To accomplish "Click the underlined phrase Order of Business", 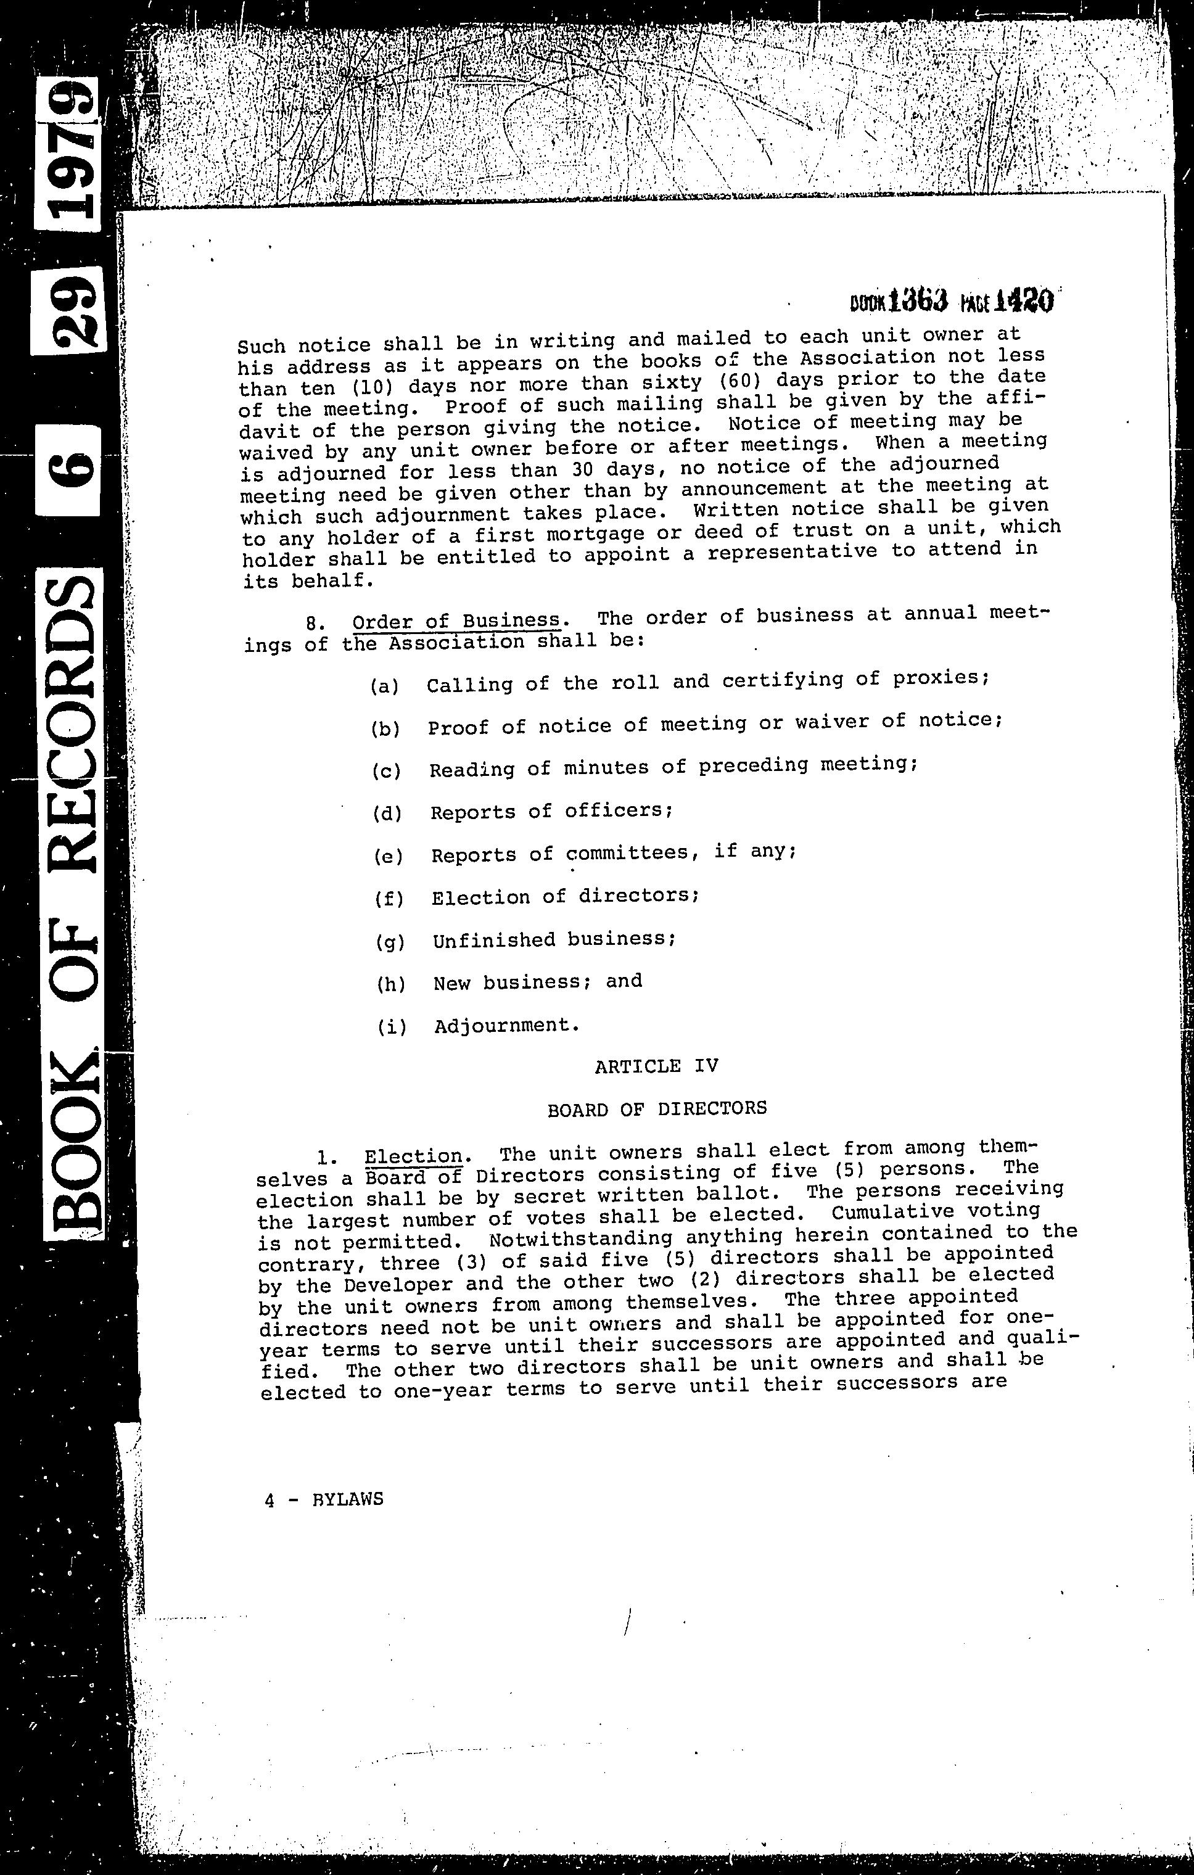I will (x=456, y=620).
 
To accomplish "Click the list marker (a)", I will (x=384, y=686).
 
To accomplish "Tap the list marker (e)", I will (x=389, y=855).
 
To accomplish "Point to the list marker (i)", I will (x=392, y=1026).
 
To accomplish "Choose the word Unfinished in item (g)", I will (x=493, y=941).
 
